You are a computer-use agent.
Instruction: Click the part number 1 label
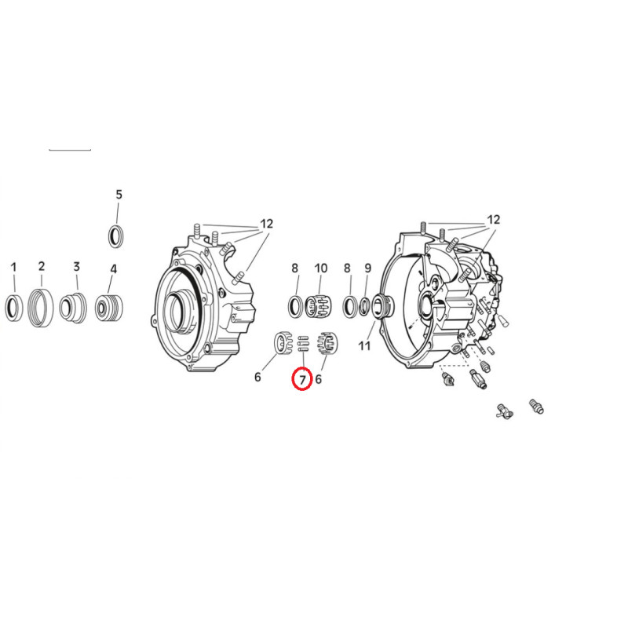click(13, 267)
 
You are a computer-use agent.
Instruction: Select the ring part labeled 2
click(41, 308)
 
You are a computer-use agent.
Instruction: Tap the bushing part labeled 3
click(72, 308)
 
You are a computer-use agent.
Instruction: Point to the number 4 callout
click(113, 268)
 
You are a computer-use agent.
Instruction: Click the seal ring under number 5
click(116, 237)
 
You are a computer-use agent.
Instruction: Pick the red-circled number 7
click(302, 379)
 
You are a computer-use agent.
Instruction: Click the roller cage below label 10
click(319, 306)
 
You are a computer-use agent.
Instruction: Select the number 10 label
click(321, 268)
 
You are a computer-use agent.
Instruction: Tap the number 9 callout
click(367, 268)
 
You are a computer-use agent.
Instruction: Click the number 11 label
click(364, 345)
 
